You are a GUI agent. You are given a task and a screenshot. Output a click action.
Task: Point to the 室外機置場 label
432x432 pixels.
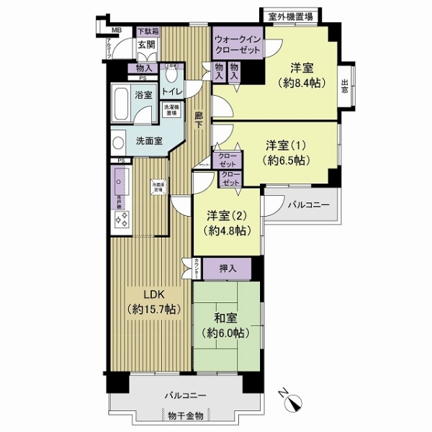pos(290,16)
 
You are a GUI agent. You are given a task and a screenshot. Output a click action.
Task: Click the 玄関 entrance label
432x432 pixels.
pos(146,46)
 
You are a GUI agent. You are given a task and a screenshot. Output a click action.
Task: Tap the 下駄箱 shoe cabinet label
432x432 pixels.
pos(148,32)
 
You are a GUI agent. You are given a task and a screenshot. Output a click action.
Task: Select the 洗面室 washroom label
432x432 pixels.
pos(148,140)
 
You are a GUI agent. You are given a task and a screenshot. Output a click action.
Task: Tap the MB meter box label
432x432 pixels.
pos(117,30)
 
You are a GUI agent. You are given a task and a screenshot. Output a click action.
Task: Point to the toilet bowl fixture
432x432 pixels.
pos(171,75)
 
